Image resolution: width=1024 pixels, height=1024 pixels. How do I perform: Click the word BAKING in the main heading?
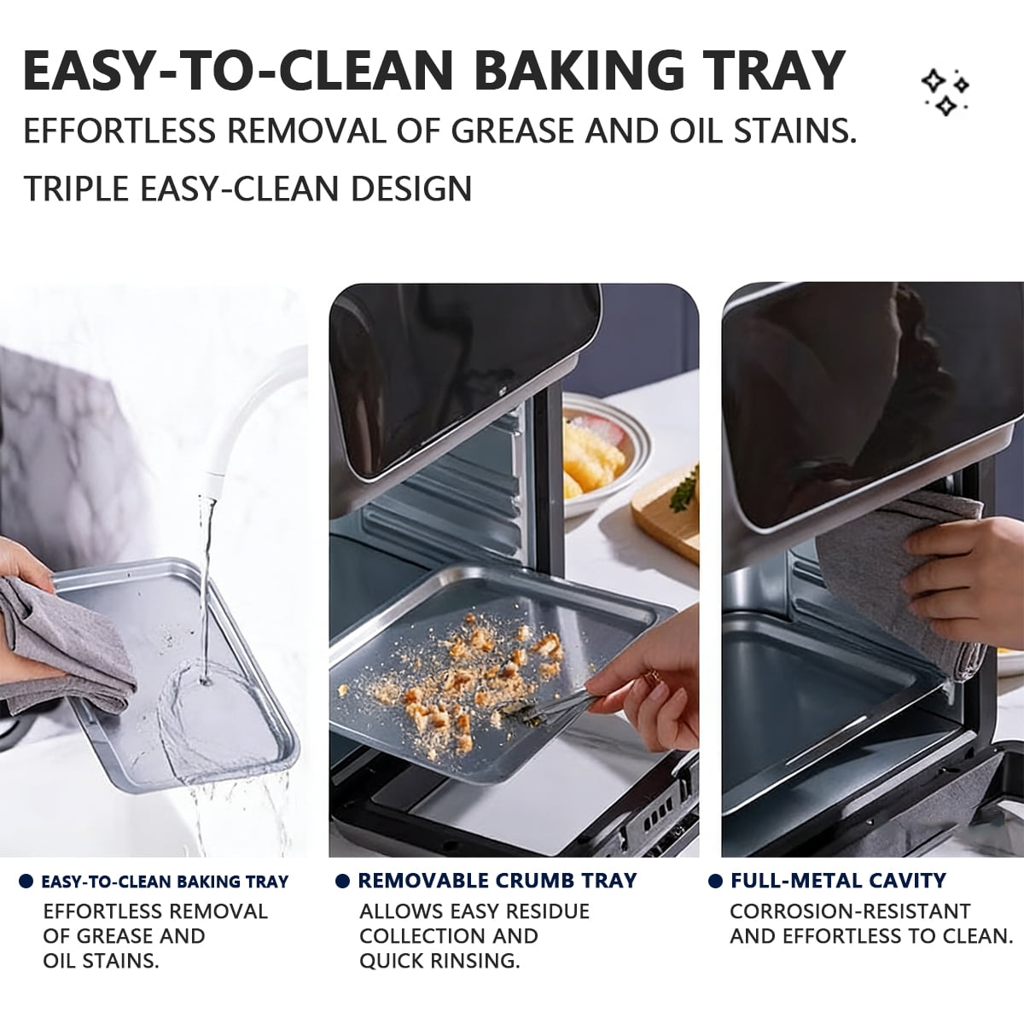(579, 71)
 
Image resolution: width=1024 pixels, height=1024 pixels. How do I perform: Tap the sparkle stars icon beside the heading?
(946, 92)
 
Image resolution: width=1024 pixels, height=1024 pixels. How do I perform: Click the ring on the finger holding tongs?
(649, 677)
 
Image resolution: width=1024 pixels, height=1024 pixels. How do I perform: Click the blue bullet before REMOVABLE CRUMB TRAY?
(343, 881)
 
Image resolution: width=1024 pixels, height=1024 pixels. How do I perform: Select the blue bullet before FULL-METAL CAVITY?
(715, 881)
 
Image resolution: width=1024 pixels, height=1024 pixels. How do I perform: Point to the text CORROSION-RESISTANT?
(850, 911)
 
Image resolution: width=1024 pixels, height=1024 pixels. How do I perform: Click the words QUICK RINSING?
(439, 961)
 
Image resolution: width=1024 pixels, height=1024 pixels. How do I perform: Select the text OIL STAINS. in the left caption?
(101, 961)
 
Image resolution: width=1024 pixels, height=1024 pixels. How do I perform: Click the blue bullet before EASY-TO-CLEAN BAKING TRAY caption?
(26, 881)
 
